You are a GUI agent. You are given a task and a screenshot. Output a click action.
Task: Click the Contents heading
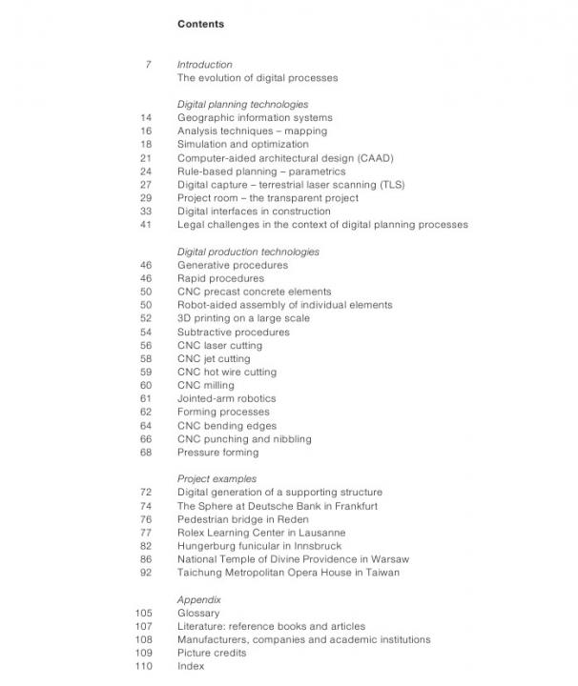(x=200, y=24)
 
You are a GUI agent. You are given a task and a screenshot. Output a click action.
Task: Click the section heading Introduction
(x=204, y=65)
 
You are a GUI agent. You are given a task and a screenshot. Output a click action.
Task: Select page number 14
(x=146, y=118)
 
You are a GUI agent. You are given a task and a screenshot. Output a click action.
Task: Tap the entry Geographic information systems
(x=255, y=118)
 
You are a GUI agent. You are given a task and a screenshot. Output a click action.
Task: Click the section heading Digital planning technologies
(x=242, y=105)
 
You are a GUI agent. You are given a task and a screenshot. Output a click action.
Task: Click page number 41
(x=146, y=225)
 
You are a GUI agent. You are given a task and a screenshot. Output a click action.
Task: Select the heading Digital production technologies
(x=248, y=252)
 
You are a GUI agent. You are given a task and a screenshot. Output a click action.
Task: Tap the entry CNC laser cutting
(x=219, y=346)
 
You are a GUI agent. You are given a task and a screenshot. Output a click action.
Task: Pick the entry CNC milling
(x=205, y=386)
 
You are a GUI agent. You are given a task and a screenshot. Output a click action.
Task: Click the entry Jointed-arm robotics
(x=226, y=399)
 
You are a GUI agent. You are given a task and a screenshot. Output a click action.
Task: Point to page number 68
(x=146, y=453)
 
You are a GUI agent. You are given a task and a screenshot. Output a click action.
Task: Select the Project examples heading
(x=217, y=479)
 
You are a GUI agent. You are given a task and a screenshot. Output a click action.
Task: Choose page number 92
(x=146, y=573)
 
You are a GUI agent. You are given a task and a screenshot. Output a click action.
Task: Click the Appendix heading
(x=198, y=600)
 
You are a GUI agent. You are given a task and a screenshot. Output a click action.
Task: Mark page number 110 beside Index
(x=144, y=667)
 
